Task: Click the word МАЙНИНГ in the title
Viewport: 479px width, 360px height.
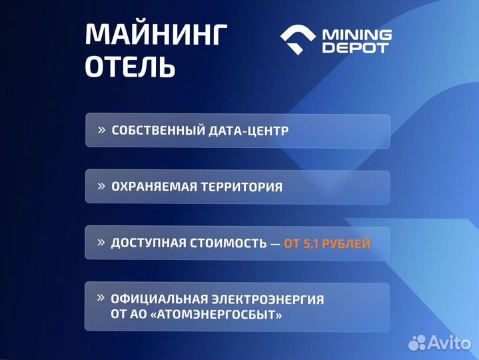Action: coord(157,35)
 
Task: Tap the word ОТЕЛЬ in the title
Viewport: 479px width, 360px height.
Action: coord(131,67)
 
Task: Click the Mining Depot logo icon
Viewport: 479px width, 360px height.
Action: coord(298,41)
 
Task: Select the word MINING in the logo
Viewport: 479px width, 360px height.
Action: coord(357,34)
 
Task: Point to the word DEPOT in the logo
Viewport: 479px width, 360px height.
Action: coord(356,48)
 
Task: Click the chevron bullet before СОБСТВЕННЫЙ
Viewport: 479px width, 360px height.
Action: coord(101,130)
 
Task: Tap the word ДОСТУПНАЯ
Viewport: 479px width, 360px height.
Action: coord(149,243)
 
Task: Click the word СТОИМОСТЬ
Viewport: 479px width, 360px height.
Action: coord(227,243)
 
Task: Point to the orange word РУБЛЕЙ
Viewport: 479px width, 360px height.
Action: coord(348,243)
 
